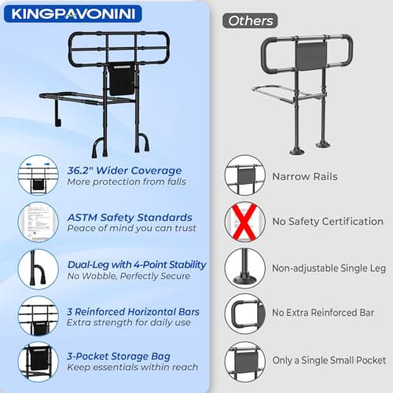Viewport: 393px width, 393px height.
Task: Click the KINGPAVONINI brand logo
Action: pyautogui.click(x=73, y=14)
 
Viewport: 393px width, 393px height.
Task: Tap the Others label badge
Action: pyautogui.click(x=250, y=20)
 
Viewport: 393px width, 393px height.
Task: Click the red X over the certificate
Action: pyautogui.click(x=244, y=222)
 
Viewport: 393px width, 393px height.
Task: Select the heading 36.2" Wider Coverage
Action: pyautogui.click(x=124, y=171)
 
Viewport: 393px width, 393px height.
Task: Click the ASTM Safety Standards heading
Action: pyautogui.click(x=130, y=218)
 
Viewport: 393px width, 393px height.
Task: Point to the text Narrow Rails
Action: pyautogui.click(x=305, y=177)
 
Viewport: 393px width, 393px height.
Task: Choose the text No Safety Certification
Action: pyautogui.click(x=328, y=222)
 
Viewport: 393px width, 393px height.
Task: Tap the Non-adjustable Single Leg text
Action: pyautogui.click(x=329, y=268)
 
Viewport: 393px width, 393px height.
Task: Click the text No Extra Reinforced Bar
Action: pyautogui.click(x=323, y=313)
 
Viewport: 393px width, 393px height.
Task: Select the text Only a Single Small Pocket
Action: pyautogui.click(x=329, y=361)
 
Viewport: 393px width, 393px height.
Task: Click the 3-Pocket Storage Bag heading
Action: pyautogui.click(x=119, y=357)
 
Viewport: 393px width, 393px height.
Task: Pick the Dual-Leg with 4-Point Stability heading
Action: pyautogui.click(x=137, y=265)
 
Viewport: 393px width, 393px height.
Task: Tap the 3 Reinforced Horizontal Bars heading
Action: pyautogui.click(x=133, y=312)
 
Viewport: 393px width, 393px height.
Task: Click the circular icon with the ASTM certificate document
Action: pyautogui.click(x=39, y=222)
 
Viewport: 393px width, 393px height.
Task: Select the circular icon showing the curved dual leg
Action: pyautogui.click(x=39, y=269)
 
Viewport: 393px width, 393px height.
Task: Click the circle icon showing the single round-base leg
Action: pyautogui.click(x=245, y=269)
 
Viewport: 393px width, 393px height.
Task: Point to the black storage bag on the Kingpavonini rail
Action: pyautogui.click(x=121, y=80)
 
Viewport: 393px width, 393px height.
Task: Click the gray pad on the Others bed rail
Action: pyautogui.click(x=311, y=56)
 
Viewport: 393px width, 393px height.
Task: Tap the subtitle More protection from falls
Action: pyautogui.click(x=127, y=182)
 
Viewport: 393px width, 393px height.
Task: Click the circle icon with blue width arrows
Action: pyautogui.click(x=39, y=174)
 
